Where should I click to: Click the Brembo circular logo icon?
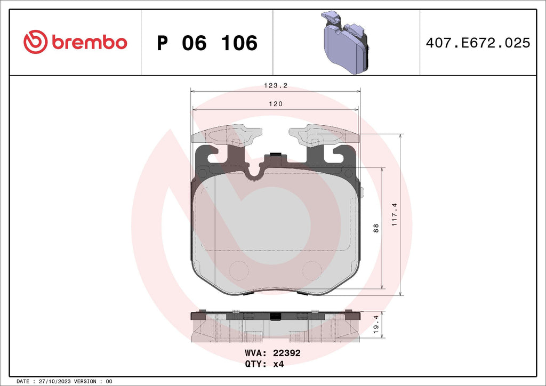click(36, 42)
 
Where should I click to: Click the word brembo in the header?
click(89, 43)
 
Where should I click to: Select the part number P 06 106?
click(207, 43)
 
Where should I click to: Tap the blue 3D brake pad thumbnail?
click(346, 43)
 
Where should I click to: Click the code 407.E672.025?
click(477, 43)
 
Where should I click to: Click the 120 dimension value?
click(275, 104)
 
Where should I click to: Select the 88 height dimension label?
click(376, 228)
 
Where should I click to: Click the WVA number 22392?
click(287, 353)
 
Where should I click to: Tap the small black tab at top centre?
click(275, 155)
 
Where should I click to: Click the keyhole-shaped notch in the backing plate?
click(256, 172)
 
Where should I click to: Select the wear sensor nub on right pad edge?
click(361, 192)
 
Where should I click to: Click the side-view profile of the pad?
click(275, 325)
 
